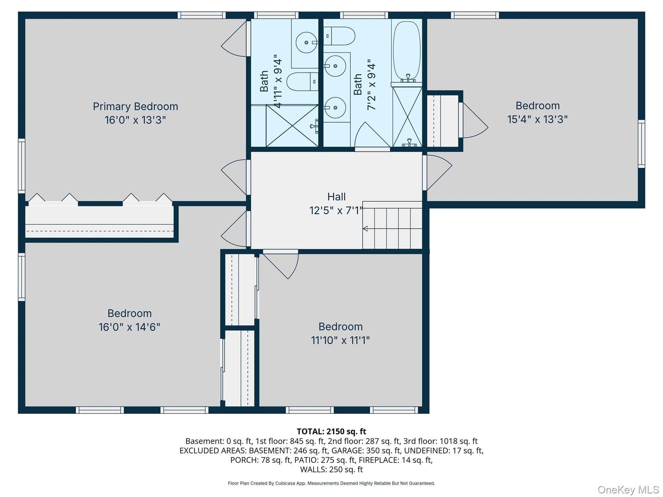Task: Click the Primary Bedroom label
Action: click(x=135, y=106)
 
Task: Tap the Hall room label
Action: click(x=336, y=197)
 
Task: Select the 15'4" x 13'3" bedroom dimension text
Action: click(x=537, y=119)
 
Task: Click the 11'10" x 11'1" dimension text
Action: click(x=340, y=340)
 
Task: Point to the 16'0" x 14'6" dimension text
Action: click(x=129, y=327)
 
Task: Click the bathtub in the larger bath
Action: click(x=407, y=52)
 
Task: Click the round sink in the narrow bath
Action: click(x=306, y=42)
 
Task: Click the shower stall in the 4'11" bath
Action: click(x=292, y=126)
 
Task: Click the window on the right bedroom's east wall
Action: click(x=641, y=144)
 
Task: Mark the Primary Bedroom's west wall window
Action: click(x=21, y=166)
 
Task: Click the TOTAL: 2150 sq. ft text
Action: click(x=331, y=431)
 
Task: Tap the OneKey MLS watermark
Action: click(x=628, y=490)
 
